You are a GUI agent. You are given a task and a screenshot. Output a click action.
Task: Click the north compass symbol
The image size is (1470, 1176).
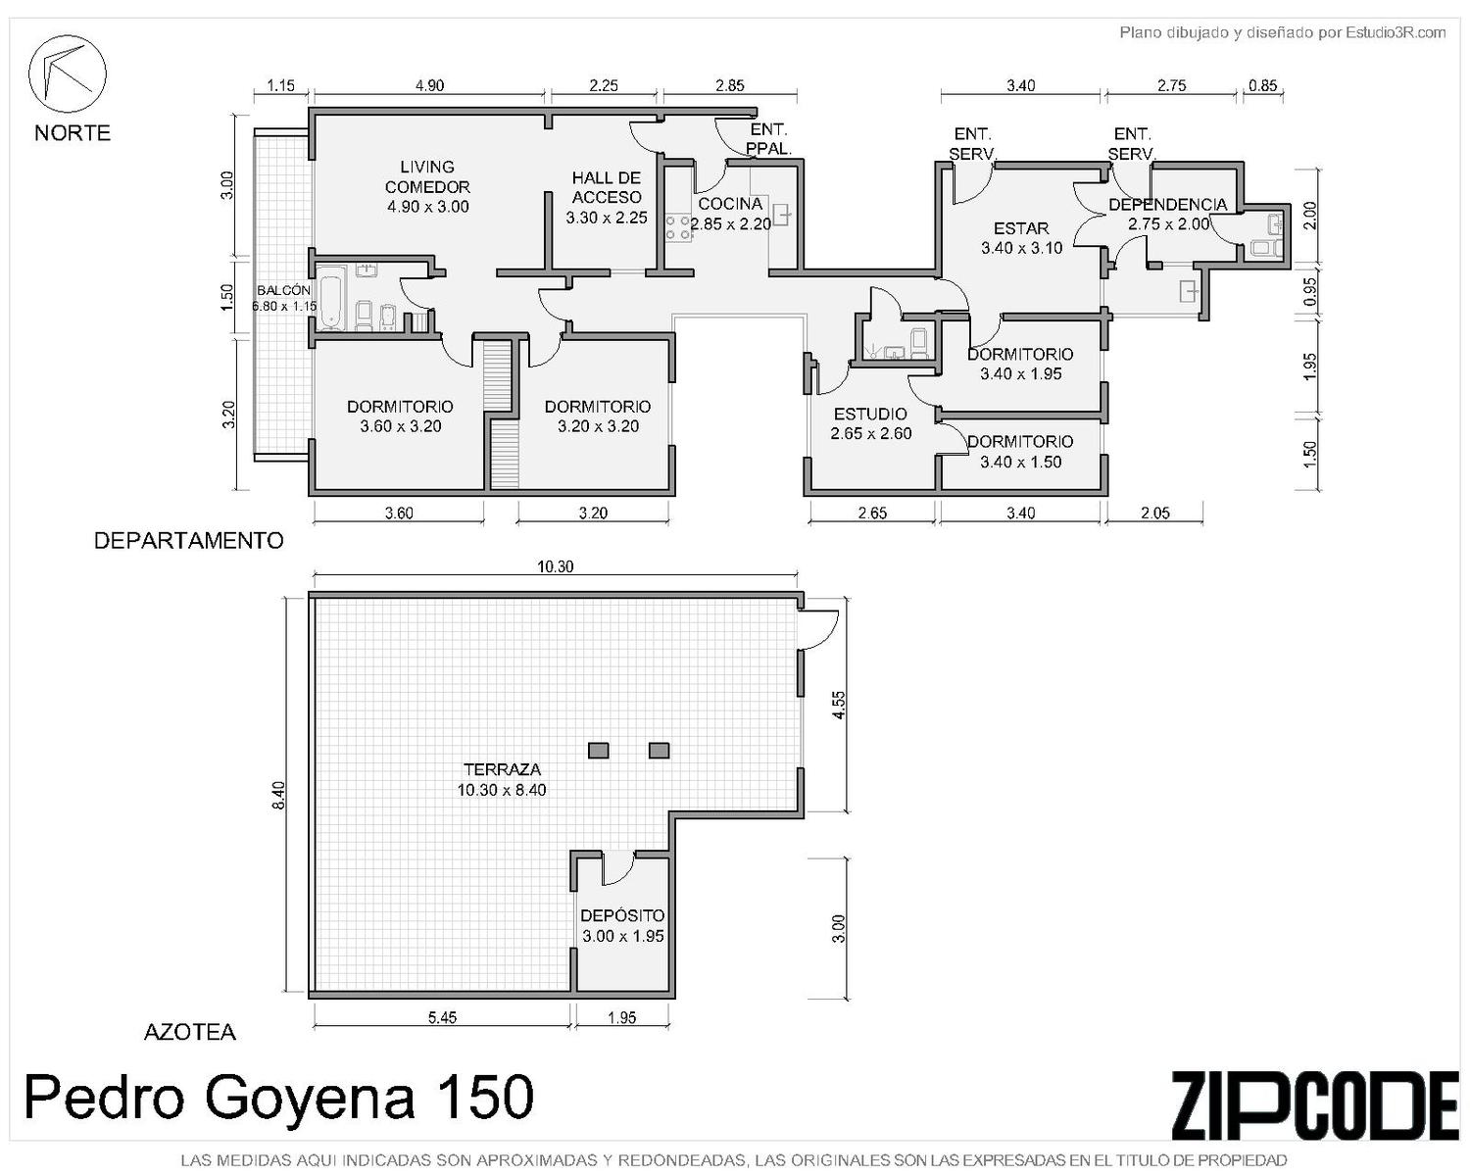(68, 73)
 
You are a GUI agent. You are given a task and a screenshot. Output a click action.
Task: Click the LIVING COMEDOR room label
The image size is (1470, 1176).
(427, 176)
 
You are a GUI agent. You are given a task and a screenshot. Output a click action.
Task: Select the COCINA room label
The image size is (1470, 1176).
(730, 204)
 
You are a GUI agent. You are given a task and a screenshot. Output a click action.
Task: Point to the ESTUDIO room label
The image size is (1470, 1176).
(870, 414)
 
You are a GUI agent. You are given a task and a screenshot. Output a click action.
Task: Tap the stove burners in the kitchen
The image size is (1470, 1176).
(678, 226)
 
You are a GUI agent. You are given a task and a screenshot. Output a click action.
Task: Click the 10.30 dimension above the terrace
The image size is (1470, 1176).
(556, 566)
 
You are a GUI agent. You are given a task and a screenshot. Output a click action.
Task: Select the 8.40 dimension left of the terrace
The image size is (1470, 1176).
(278, 796)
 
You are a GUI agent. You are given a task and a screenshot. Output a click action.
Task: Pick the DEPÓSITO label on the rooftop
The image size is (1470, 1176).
(622, 915)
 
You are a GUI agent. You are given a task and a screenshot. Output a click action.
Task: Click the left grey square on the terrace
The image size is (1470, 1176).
(599, 751)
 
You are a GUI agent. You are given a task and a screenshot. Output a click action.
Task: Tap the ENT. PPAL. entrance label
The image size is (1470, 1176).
(768, 139)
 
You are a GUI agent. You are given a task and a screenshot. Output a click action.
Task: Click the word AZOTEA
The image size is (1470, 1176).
(190, 1032)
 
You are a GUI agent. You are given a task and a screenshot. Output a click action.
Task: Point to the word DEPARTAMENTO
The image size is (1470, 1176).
(188, 541)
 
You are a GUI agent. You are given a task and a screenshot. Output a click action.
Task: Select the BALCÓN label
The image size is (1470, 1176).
(283, 290)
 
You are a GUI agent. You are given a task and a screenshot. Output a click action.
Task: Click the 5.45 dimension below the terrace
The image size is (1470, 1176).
(442, 1017)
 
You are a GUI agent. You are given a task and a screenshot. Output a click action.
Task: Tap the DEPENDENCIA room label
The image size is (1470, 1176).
(1167, 204)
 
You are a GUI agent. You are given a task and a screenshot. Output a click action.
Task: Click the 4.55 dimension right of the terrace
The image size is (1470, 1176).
(840, 705)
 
